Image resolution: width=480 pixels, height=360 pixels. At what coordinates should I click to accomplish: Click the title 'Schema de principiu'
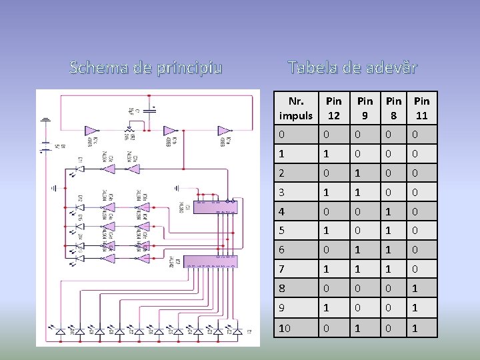(146, 67)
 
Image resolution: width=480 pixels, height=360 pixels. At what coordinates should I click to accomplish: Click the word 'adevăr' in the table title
(387, 67)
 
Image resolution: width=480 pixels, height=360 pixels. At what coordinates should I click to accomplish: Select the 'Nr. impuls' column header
(296, 108)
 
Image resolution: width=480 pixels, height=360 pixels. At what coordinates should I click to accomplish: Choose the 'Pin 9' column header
(365, 108)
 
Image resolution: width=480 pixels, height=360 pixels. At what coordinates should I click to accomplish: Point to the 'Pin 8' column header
(394, 108)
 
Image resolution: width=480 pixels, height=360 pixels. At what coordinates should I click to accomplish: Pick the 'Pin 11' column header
(421, 108)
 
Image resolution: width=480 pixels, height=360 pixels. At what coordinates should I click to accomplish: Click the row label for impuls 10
(285, 328)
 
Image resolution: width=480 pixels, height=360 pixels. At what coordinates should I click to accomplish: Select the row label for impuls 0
(282, 135)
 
